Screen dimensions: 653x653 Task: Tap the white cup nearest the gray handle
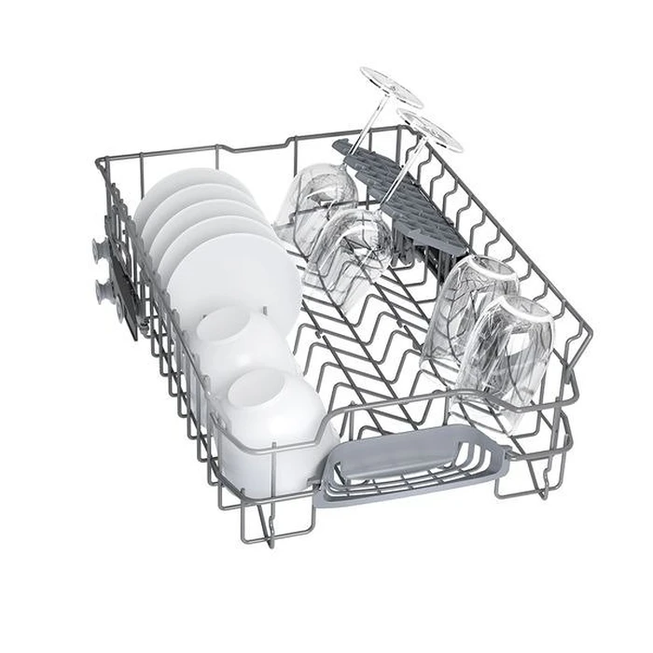(271, 420)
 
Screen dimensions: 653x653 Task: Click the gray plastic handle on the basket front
(410, 462)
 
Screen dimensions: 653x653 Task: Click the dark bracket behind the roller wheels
(121, 271)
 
